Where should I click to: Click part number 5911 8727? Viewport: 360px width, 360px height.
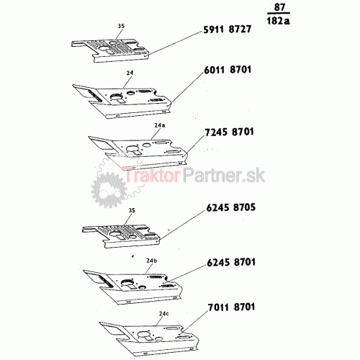pyautogui.click(x=228, y=30)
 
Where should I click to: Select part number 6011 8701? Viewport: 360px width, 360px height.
pyautogui.click(x=228, y=70)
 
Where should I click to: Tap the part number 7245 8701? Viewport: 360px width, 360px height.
pyautogui.click(x=229, y=132)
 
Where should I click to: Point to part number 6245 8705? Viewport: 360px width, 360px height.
pyautogui.click(x=231, y=207)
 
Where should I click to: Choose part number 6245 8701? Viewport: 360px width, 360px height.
pyautogui.click(x=231, y=262)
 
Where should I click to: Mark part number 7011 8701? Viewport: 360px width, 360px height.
pyautogui.click(x=231, y=307)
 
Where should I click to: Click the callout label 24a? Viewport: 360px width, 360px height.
pyautogui.click(x=160, y=125)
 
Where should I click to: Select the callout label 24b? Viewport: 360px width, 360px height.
pyautogui.click(x=152, y=261)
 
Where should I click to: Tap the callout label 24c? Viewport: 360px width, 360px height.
pyautogui.click(x=164, y=313)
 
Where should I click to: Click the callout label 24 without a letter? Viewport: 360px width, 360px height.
pyautogui.click(x=130, y=73)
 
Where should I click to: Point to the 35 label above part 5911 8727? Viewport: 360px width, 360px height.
pyautogui.click(x=121, y=26)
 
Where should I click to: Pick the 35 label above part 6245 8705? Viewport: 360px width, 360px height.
pyautogui.click(x=132, y=210)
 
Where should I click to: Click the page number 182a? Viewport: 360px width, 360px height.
pyautogui.click(x=279, y=21)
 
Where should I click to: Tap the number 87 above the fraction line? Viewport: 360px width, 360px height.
pyautogui.click(x=279, y=7)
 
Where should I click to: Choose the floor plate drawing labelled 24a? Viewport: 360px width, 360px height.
pyautogui.click(x=138, y=152)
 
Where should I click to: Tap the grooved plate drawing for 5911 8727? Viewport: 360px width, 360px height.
pyautogui.click(x=111, y=50)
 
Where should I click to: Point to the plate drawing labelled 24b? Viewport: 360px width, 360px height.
pyautogui.click(x=132, y=287)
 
